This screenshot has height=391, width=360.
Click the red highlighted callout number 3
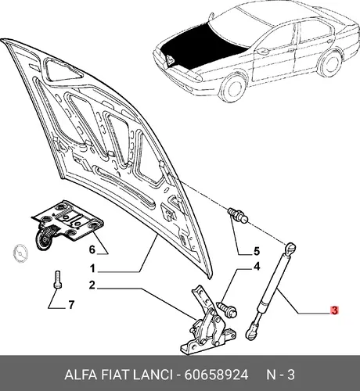pos(334,310)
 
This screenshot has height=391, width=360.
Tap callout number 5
pos(257,251)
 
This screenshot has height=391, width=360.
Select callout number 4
pos(257,267)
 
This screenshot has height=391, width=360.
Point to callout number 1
pos(92,268)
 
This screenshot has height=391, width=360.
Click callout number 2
pos(92,285)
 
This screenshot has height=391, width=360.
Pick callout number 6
pos(92,249)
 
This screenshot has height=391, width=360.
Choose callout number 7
pos(71,304)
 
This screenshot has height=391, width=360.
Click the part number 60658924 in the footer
pos(216,375)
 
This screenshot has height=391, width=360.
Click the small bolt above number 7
pos(57,279)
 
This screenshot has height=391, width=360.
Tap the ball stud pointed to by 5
pos(237,215)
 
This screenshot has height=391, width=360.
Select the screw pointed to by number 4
pos(227,309)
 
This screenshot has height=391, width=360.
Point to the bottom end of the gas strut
pos(251,332)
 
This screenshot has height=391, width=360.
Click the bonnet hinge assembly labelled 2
pos(207,323)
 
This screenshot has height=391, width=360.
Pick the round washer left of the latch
pos(20,253)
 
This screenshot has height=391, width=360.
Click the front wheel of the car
pos(234,87)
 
